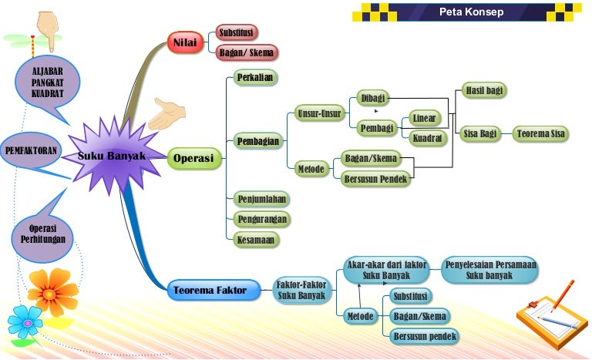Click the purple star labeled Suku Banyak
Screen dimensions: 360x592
pyautogui.click(x=112, y=156)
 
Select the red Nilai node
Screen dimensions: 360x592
pyautogui.click(x=184, y=43)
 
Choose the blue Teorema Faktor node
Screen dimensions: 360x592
pyautogui.click(x=210, y=291)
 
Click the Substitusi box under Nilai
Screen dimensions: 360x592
pyautogui.click(x=237, y=33)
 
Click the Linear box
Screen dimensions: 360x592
pyautogui.click(x=425, y=119)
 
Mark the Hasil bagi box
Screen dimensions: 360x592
pyautogui.click(x=485, y=91)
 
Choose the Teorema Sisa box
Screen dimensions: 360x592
pyautogui.click(x=540, y=134)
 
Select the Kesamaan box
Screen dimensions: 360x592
pyautogui.click(x=256, y=239)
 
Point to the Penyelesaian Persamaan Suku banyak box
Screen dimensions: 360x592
pyautogui.click(x=489, y=269)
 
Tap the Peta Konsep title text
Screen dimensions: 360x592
pyautogui.click(x=471, y=12)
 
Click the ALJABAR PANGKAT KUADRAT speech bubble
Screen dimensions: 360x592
pyautogui.click(x=48, y=82)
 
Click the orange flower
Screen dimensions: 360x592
pyautogui.click(x=52, y=291)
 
